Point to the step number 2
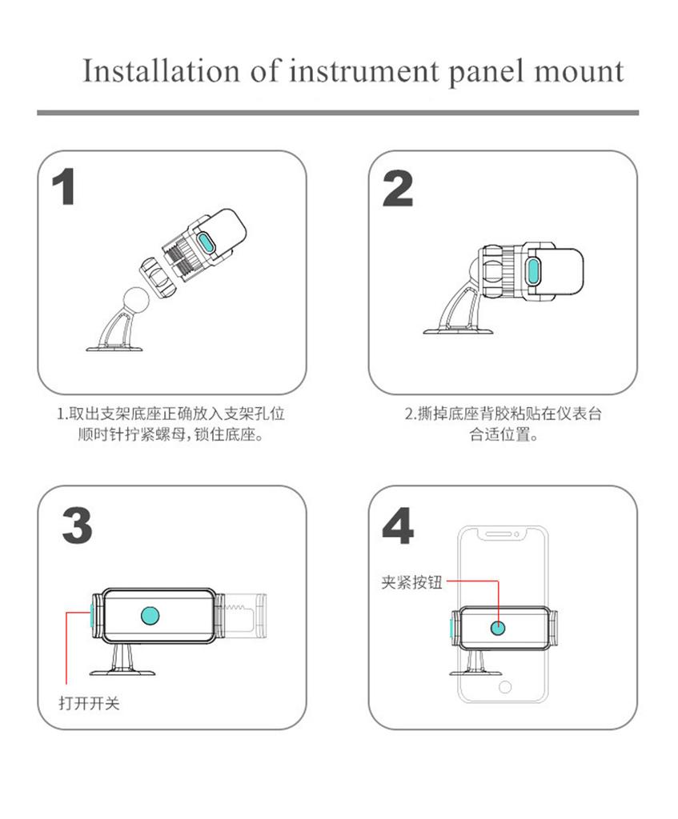pos(398,189)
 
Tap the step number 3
pos(78,525)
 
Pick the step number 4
pos(398,525)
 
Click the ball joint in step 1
pos(136,300)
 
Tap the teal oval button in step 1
pos(207,243)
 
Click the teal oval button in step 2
pos(533,270)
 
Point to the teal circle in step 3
pos(150,616)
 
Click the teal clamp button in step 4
pos(498,627)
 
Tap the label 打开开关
pos(90,703)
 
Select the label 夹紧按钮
pos(412,582)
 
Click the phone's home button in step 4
pos(505,686)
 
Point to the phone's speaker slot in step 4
pos(499,534)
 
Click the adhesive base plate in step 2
pos(459,330)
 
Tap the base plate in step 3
pos(122,672)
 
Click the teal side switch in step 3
pos(91,616)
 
